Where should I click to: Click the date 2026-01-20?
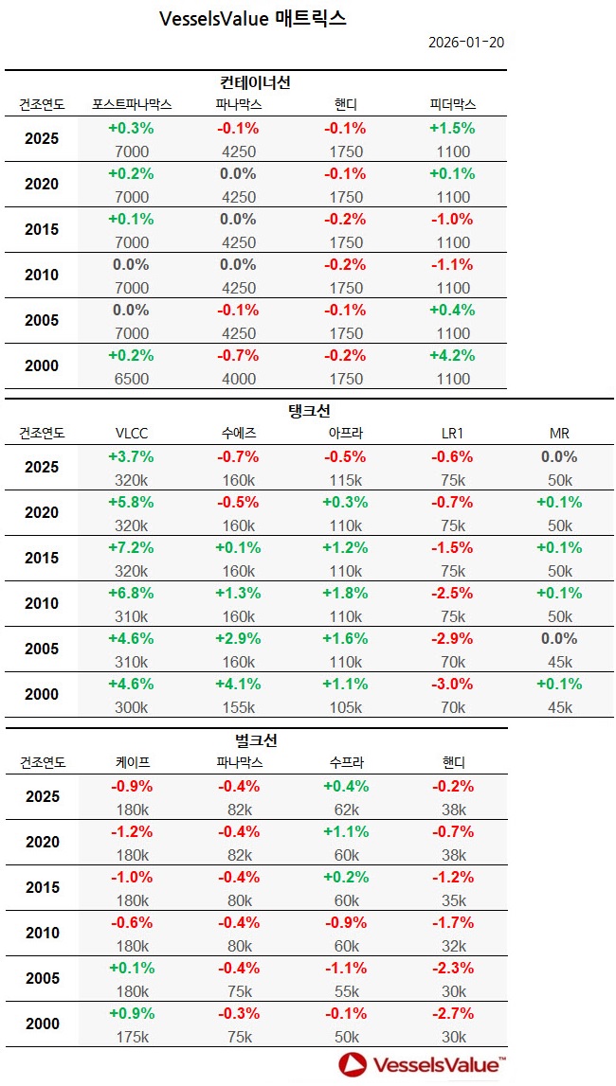pyautogui.click(x=465, y=44)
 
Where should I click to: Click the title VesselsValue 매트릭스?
pyautogui.click(x=253, y=19)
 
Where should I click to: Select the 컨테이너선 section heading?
pyautogui.click(x=255, y=82)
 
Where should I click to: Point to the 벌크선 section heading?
pyautogui.click(x=255, y=740)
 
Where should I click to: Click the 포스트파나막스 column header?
pyautogui.click(x=131, y=104)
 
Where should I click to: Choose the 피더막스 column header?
pyautogui.click(x=452, y=104)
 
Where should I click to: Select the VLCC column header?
pyautogui.click(x=131, y=434)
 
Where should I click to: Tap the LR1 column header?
pyautogui.click(x=452, y=434)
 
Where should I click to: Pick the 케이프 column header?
pyautogui.click(x=131, y=762)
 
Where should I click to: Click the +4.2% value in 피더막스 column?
pyautogui.click(x=452, y=356)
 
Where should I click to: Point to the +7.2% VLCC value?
pyautogui.click(x=131, y=548)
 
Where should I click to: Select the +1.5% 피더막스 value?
pyautogui.click(x=452, y=129)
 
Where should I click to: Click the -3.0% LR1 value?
pyautogui.click(x=452, y=685)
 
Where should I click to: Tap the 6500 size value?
pyautogui.click(x=131, y=379)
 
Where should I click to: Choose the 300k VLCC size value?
pyautogui.click(x=131, y=707)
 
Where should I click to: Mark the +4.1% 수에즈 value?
pyautogui.click(x=238, y=685)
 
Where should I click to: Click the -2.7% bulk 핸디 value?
pyautogui.click(x=452, y=1014)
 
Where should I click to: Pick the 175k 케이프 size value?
pyautogui.click(x=131, y=1037)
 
